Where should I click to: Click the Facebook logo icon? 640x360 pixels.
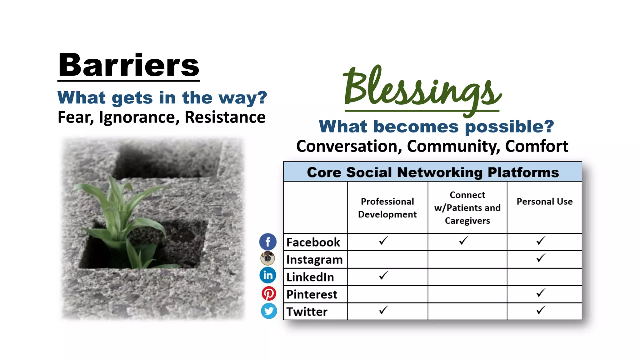click(x=268, y=242)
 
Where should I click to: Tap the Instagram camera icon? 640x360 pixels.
click(x=268, y=258)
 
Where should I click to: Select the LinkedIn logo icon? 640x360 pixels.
click(x=268, y=275)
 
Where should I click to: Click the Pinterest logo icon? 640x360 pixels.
click(x=268, y=294)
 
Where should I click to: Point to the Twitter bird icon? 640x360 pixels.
click(x=269, y=311)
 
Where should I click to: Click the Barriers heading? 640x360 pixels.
click(x=128, y=65)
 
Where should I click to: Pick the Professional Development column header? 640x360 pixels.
click(x=387, y=208)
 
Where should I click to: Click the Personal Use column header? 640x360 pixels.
click(x=544, y=202)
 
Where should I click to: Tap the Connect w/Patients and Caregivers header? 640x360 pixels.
click(x=467, y=208)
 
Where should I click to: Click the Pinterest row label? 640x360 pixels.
click(x=312, y=294)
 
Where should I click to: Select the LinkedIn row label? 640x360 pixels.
click(x=310, y=277)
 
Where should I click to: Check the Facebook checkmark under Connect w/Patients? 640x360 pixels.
click(x=464, y=241)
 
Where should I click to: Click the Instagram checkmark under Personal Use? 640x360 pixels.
click(x=541, y=258)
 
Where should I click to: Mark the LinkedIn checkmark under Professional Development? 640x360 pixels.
click(x=383, y=276)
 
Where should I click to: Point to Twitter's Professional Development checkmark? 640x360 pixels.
click(x=383, y=310)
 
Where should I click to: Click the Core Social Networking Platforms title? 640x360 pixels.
click(x=433, y=172)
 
